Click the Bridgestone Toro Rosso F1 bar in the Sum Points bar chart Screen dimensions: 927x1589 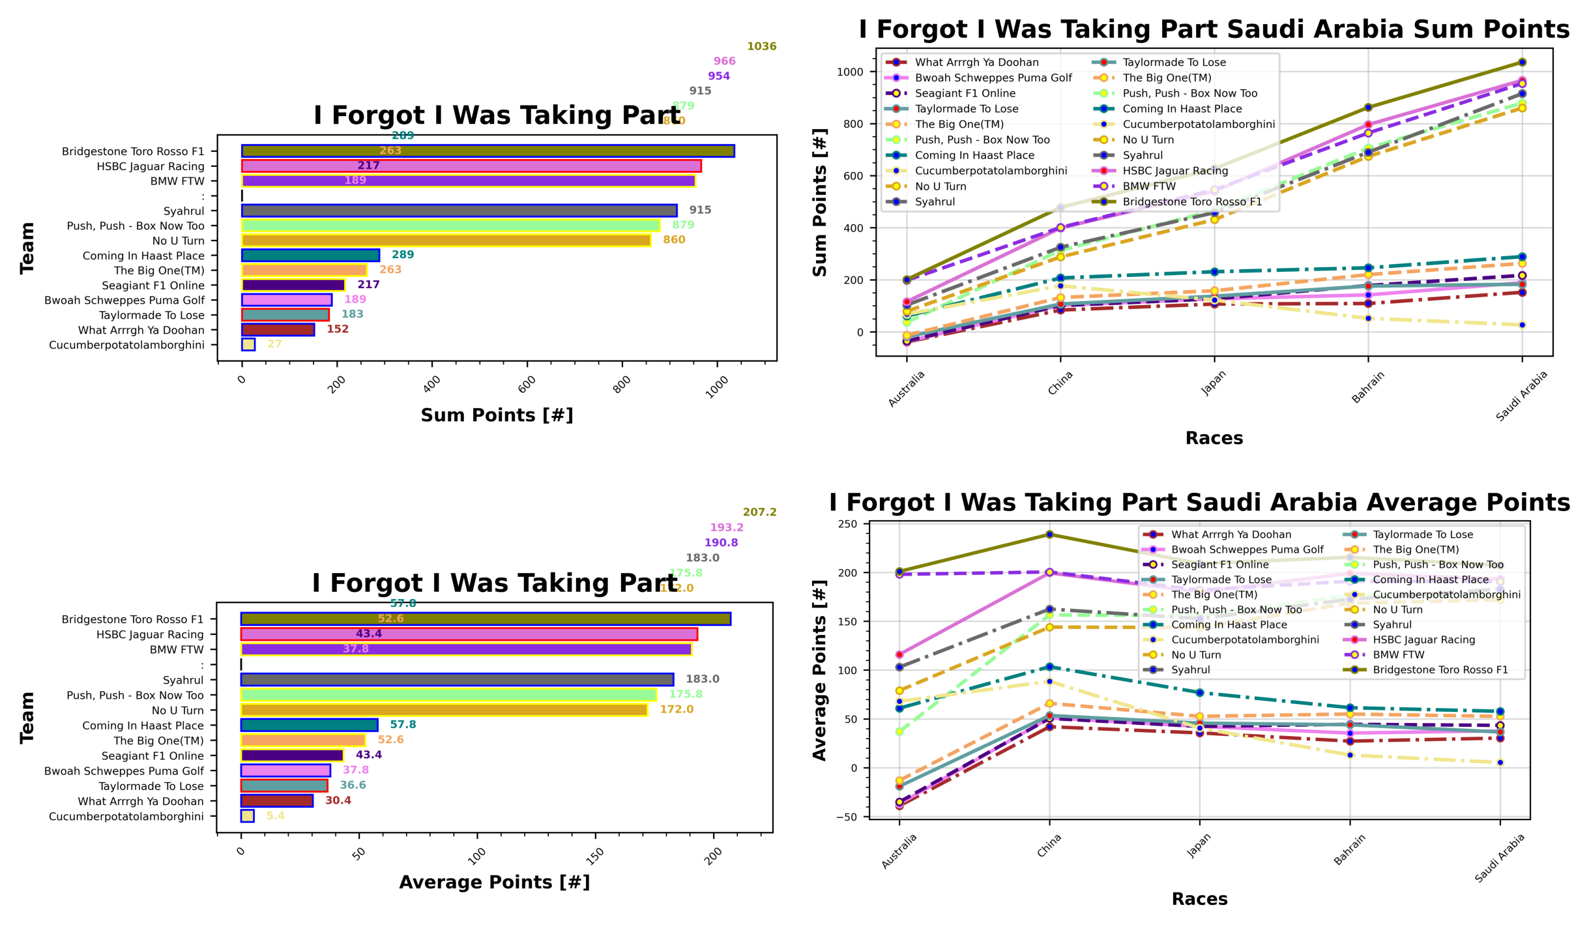pyautogui.click(x=488, y=151)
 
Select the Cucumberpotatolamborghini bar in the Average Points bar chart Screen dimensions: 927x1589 pyautogui.click(x=248, y=816)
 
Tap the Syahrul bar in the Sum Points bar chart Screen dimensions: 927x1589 pyautogui.click(x=459, y=211)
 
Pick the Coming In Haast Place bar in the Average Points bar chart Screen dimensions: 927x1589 pyautogui.click(x=309, y=725)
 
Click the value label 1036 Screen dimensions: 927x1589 pyautogui.click(x=761, y=46)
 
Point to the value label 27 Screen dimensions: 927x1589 pyautogui.click(x=274, y=344)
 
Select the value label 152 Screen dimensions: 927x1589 pyautogui.click(x=338, y=329)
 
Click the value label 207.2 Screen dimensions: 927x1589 pyautogui.click(x=759, y=512)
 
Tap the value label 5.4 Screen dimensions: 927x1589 pyautogui.click(x=275, y=816)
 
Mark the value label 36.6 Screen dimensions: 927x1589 pyautogui.click(x=353, y=785)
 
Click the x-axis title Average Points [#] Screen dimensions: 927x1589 pyautogui.click(x=494, y=882)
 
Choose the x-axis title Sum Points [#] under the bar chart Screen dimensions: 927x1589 pyautogui.click(x=497, y=415)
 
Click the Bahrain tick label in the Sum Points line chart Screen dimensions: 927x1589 pyautogui.click(x=1367, y=387)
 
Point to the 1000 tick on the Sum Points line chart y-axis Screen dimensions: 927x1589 pyautogui.click(x=850, y=72)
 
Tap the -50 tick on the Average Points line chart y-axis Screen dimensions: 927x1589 pyautogui.click(x=848, y=817)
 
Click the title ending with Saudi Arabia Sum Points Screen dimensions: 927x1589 pyautogui.click(x=1214, y=29)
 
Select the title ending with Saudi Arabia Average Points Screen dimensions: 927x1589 pyautogui.click(x=1199, y=503)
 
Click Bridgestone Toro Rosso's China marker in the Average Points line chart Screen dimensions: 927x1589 pyautogui.click(x=1049, y=535)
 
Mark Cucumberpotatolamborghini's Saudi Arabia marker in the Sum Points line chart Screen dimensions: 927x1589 pyautogui.click(x=1522, y=325)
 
